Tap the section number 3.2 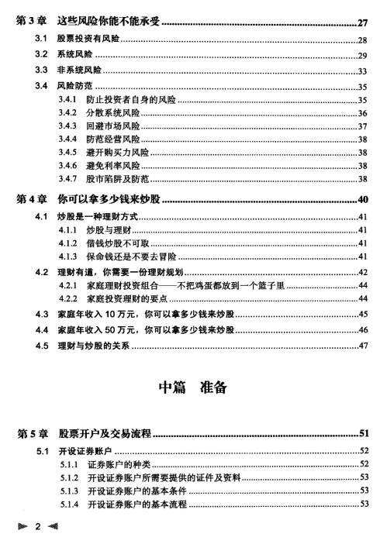coord(43,55)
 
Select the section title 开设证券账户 coord(84,450)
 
